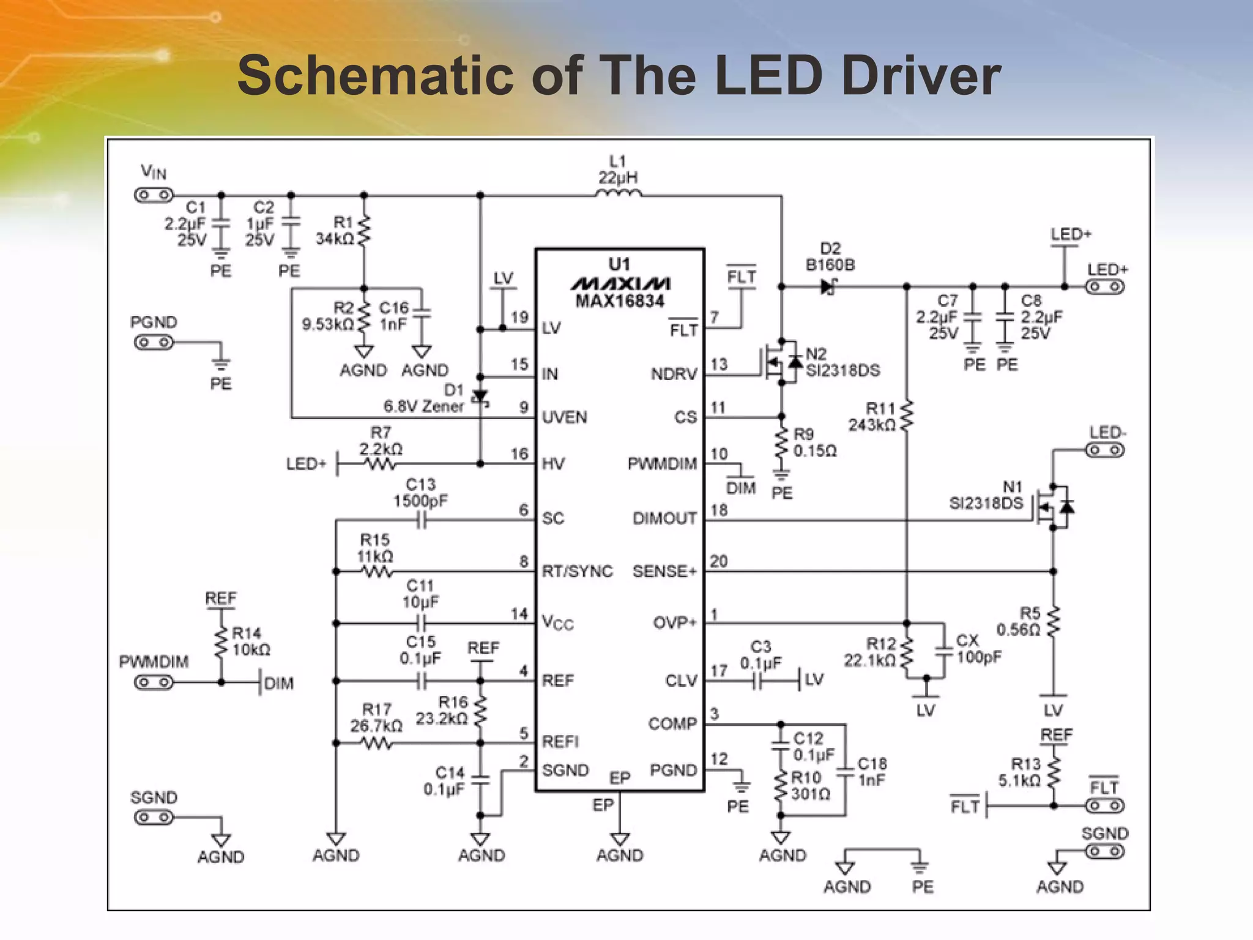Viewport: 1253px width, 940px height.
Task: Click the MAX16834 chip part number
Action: pyautogui.click(x=619, y=301)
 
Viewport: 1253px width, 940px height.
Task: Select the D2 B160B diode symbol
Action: pyautogui.click(x=829, y=286)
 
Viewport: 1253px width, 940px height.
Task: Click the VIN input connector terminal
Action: pyautogui.click(x=154, y=195)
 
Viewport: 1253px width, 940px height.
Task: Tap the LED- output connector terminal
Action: pyautogui.click(x=1105, y=451)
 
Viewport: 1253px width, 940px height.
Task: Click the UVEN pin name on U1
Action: pyautogui.click(x=565, y=417)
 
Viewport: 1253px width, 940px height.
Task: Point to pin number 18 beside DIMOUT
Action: pyautogui.click(x=719, y=510)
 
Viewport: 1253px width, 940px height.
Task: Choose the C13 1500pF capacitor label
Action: pyautogui.click(x=420, y=493)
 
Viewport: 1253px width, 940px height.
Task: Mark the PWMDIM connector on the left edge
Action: pyautogui.click(x=154, y=682)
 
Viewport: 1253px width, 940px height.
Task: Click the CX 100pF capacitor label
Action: pyautogui.click(x=978, y=649)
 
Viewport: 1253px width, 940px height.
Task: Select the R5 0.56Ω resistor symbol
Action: pyautogui.click(x=1053, y=622)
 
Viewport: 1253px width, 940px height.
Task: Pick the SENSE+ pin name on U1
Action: pyautogui.click(x=664, y=572)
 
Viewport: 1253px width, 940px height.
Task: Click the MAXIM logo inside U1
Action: pyautogui.click(x=619, y=283)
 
